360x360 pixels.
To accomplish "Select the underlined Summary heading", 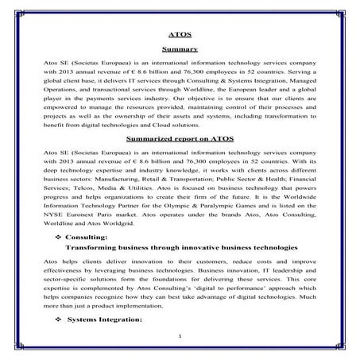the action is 180,50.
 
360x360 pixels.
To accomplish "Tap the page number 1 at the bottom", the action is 180,337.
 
